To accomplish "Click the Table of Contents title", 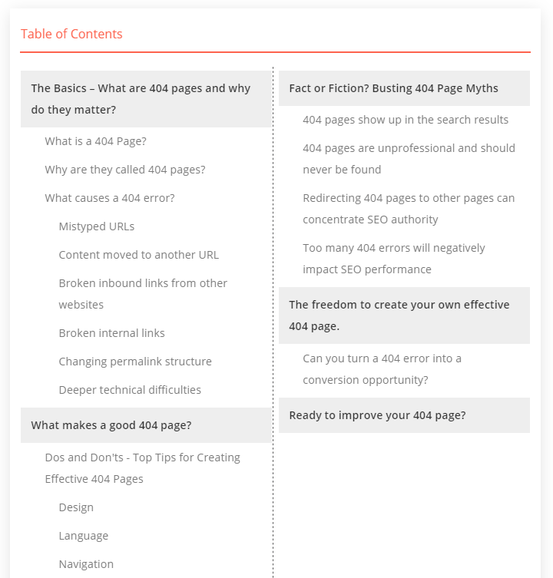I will tap(71, 34).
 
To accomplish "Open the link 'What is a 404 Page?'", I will tap(95, 141).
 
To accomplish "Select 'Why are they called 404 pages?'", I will tap(124, 170).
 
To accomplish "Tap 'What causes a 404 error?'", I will tap(109, 198).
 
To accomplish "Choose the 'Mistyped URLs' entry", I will tap(96, 226).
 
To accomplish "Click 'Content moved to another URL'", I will tap(138, 255).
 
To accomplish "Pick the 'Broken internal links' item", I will tap(111, 333).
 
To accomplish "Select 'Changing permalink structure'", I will tap(134, 362).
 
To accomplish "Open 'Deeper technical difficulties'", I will tap(130, 390).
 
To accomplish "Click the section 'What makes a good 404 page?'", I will tap(111, 425).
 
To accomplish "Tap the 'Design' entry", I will tap(76, 507).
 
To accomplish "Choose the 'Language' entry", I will tap(83, 536).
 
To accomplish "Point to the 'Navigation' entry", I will tap(86, 564).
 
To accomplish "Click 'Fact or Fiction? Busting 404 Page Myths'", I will tap(393, 88).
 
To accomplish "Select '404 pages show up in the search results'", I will tap(405, 120).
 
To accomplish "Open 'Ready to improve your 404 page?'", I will tap(377, 415).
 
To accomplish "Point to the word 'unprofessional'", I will tap(416, 148).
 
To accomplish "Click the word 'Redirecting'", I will tap(331, 198).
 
